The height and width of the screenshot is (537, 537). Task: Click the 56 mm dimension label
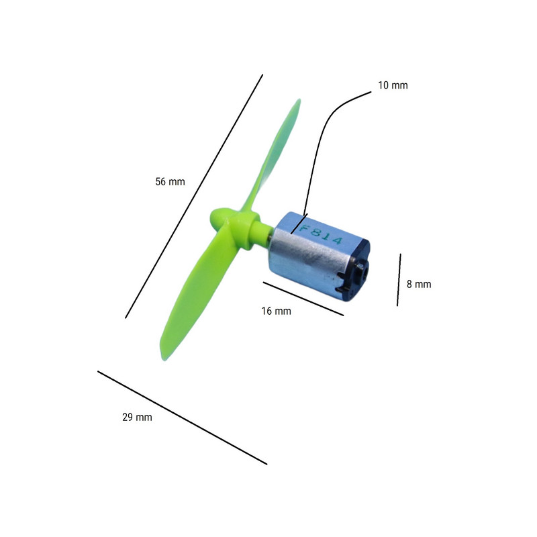coord(170,181)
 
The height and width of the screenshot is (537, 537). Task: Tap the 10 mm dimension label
coord(393,85)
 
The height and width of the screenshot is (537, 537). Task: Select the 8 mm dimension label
coord(419,284)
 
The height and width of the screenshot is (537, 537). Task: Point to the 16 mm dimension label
coord(276,311)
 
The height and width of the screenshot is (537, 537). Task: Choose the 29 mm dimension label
coord(137,417)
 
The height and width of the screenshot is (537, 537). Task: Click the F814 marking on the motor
coord(321,234)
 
